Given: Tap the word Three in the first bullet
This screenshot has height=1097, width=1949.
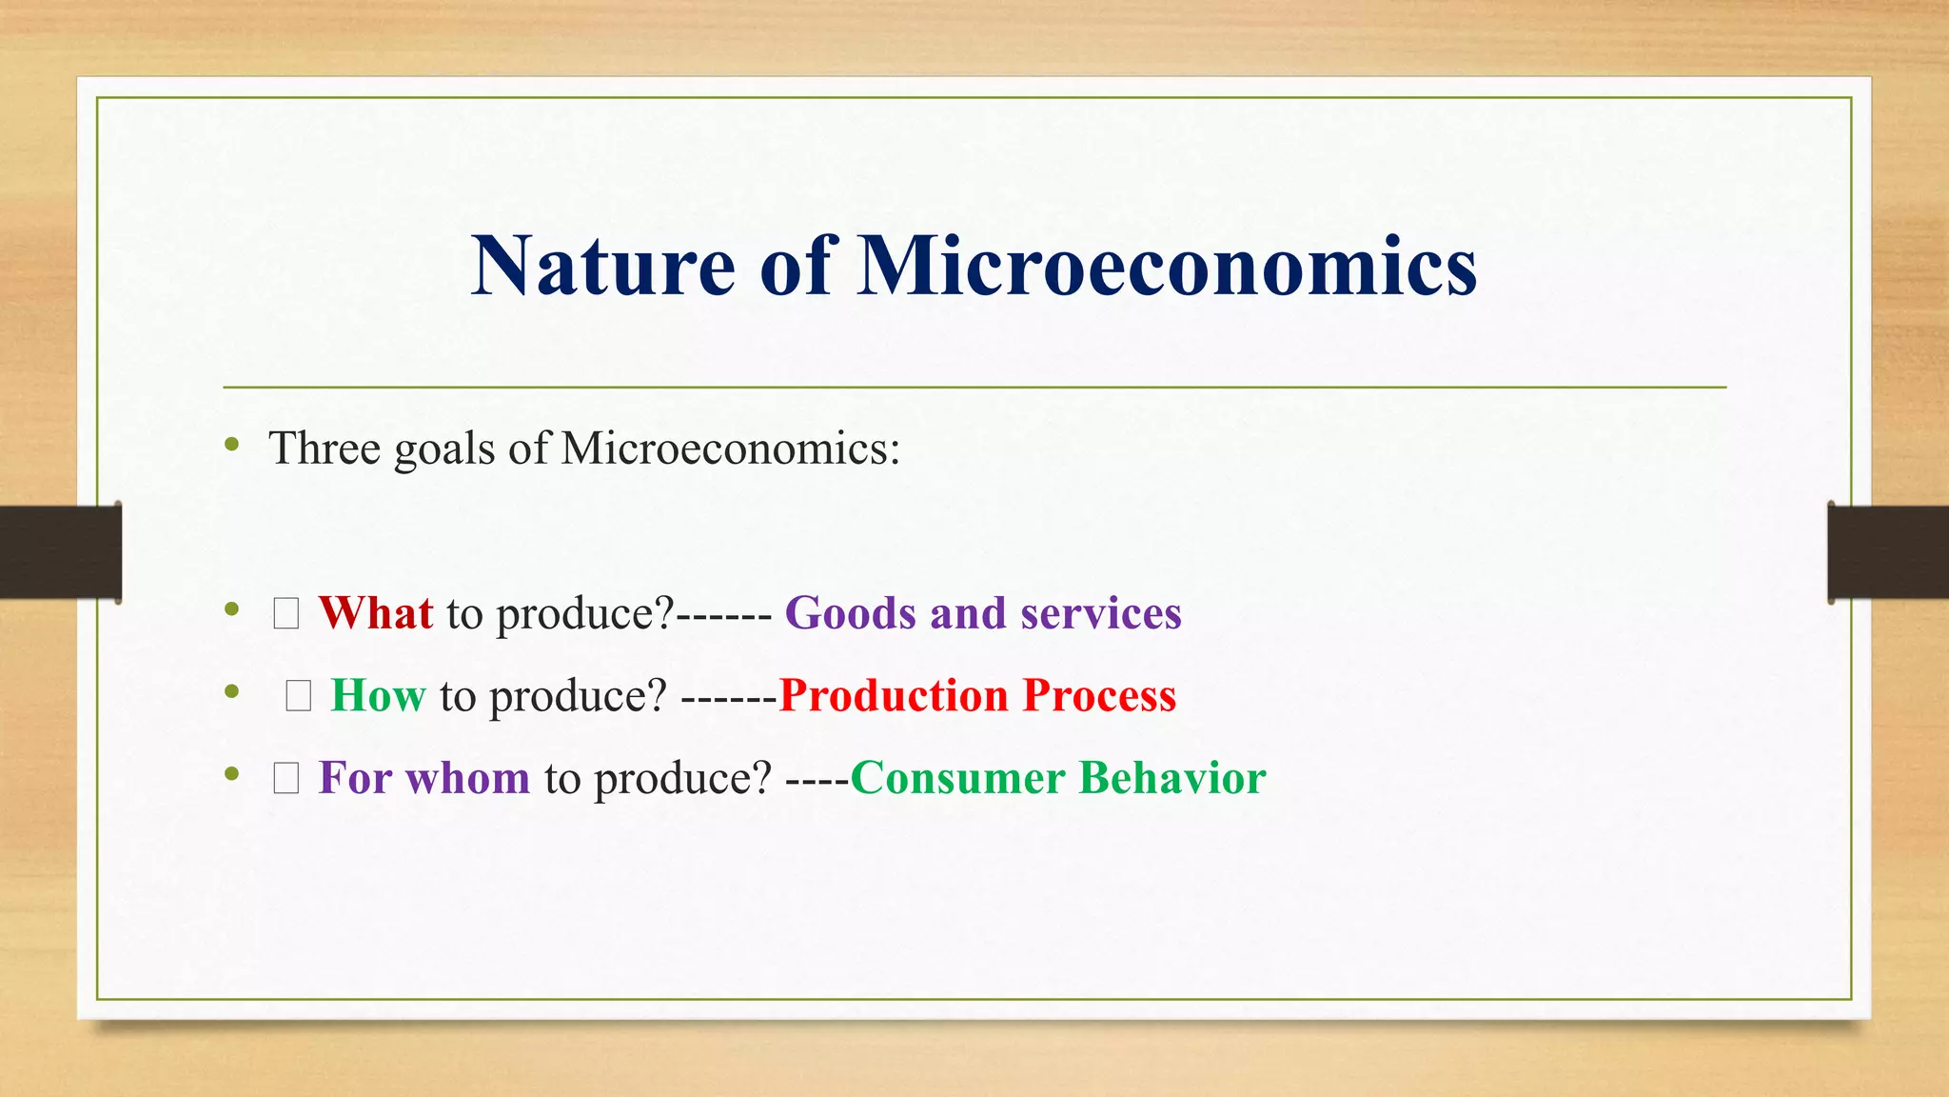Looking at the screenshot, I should [x=324, y=448].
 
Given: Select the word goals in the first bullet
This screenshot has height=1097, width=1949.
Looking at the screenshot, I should [x=443, y=449].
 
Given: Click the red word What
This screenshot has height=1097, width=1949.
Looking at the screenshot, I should [x=375, y=613].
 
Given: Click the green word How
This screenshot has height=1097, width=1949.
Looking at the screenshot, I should [x=378, y=696].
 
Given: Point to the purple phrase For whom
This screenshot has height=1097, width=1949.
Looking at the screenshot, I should [x=423, y=778].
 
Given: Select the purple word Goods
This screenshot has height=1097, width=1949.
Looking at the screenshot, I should [x=849, y=613].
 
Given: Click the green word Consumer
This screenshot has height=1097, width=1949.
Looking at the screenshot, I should [x=956, y=778].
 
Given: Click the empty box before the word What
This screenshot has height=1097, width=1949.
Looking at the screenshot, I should [x=286, y=614].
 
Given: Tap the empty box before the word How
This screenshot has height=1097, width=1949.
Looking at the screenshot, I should [x=299, y=697].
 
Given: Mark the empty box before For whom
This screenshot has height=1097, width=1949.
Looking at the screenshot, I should [x=286, y=779].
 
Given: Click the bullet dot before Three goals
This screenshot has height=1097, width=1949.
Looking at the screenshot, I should [x=232, y=445].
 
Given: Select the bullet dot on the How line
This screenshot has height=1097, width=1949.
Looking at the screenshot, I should [x=232, y=692].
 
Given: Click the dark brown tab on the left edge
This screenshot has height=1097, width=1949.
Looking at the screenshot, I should [x=60, y=552].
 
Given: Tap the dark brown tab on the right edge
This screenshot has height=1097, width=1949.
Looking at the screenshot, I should [x=1888, y=552].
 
